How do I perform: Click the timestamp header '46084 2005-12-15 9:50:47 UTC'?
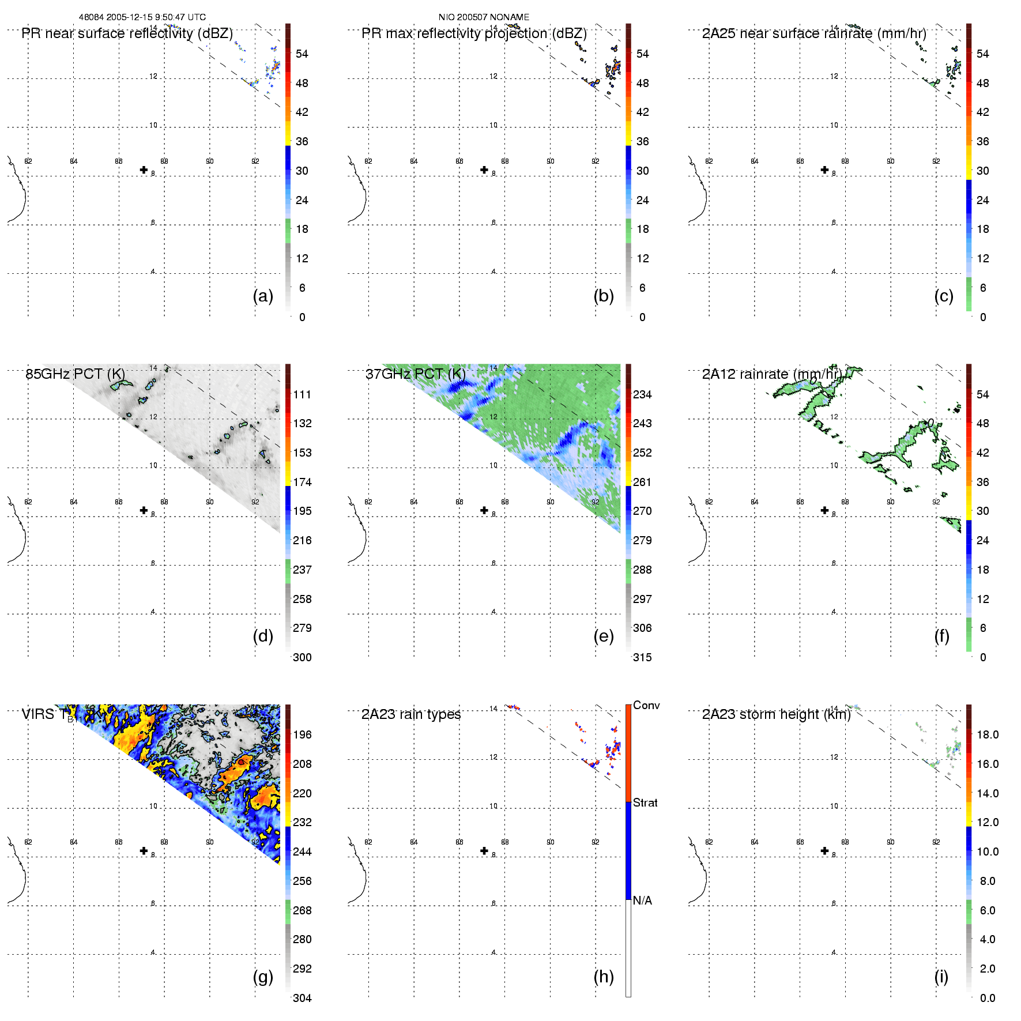tap(142, 17)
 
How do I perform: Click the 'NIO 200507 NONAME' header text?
tap(484, 17)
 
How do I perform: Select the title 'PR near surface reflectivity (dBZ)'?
tap(127, 33)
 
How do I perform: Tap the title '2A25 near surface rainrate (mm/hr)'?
tap(814, 33)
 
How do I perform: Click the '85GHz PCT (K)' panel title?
tap(75, 374)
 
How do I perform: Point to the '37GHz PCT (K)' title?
tap(415, 374)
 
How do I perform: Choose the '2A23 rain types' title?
tap(411, 714)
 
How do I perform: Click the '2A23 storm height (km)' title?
tap(776, 714)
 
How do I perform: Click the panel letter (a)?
tap(263, 296)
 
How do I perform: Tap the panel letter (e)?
tap(603, 636)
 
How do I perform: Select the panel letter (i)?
tap(941, 977)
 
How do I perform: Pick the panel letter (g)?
tap(263, 977)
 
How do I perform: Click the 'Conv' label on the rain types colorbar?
tap(646, 705)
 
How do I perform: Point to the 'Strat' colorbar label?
tap(645, 803)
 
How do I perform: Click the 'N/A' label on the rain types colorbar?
tap(642, 901)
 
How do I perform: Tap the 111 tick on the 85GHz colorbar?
tap(302, 394)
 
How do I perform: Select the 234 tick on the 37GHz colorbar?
tap(642, 394)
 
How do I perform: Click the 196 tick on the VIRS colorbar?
tap(302, 734)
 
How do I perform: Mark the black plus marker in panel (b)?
tap(484, 170)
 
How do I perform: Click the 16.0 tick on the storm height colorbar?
tap(988, 764)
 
